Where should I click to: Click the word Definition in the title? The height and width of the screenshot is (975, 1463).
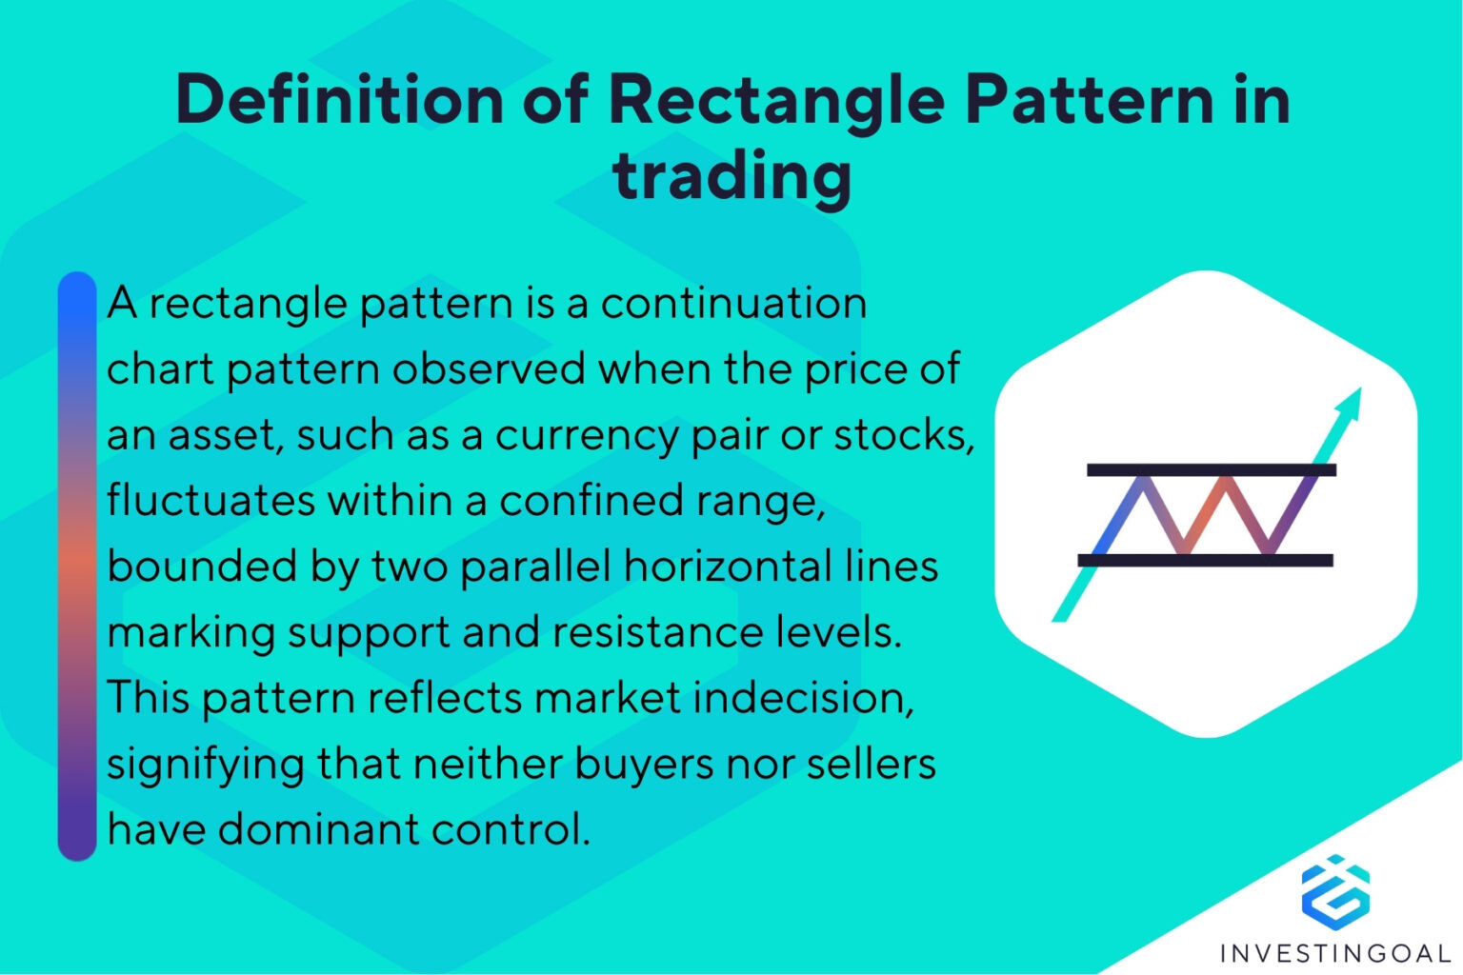coord(339,99)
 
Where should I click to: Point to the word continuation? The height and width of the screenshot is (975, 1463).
coord(733,304)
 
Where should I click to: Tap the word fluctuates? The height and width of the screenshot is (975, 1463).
coord(210,500)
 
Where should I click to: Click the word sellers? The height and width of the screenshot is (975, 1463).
coord(872,763)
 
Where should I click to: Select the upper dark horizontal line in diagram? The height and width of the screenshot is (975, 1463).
coord(1212,469)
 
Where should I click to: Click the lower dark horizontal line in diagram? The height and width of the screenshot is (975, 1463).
coord(1205,560)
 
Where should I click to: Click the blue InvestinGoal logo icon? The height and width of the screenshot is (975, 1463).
coord(1335,891)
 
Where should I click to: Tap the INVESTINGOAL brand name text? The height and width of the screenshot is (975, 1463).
coord(1335,953)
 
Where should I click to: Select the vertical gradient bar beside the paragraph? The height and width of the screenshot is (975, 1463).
coord(77,567)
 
